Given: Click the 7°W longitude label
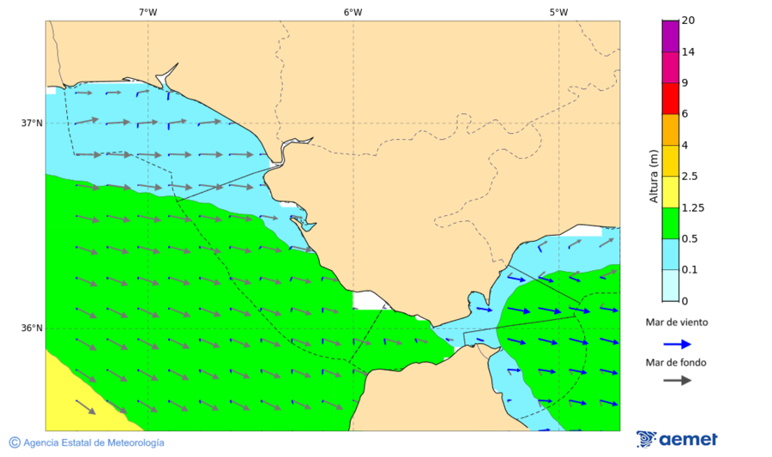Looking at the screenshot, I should tap(148, 12).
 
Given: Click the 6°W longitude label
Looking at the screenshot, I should tap(353, 12).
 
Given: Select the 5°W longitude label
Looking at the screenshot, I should tap(558, 12).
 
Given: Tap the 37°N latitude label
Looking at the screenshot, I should tap(32, 123).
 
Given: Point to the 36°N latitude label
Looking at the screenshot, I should tap(32, 328).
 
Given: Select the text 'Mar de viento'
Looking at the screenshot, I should tap(677, 322).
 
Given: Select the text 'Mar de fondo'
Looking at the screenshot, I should tap(677, 362).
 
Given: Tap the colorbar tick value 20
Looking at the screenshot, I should tap(688, 21).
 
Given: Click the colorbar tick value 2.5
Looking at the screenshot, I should tap(689, 177).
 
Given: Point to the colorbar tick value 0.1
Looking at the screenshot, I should tap(689, 270).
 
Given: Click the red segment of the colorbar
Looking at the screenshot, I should tap(670, 98).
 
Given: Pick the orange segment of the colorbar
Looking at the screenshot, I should tap(670, 129).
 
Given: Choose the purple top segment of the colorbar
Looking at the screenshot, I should tap(670, 35).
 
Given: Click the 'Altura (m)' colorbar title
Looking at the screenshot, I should tap(654, 177).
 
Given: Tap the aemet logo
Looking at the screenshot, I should tap(677, 439).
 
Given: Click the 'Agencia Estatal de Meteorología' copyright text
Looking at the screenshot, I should tap(87, 442).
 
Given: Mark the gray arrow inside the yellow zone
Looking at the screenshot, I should tap(86, 406).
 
